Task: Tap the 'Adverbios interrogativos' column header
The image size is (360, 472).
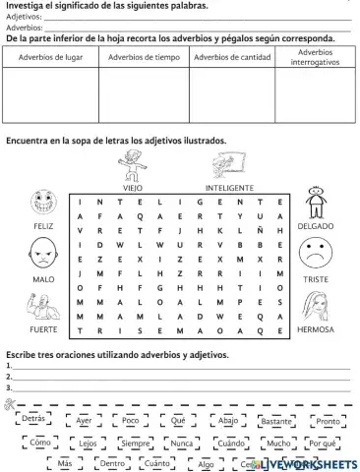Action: click(x=314, y=56)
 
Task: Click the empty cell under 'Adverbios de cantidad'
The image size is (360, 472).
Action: click(x=231, y=92)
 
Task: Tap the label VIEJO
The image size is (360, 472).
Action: click(x=133, y=186)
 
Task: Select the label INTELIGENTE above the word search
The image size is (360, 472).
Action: click(x=230, y=187)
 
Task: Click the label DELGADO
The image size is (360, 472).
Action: click(x=316, y=225)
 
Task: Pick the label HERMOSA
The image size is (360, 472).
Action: click(x=316, y=330)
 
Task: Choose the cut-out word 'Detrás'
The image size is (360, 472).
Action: click(x=33, y=418)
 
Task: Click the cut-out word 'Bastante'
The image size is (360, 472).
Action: click(x=278, y=421)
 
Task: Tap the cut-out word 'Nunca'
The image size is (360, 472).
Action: click(x=182, y=443)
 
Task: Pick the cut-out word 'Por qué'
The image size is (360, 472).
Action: click(x=323, y=443)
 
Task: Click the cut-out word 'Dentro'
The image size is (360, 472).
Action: click(x=113, y=462)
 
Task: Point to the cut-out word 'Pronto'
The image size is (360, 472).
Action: click(x=328, y=421)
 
